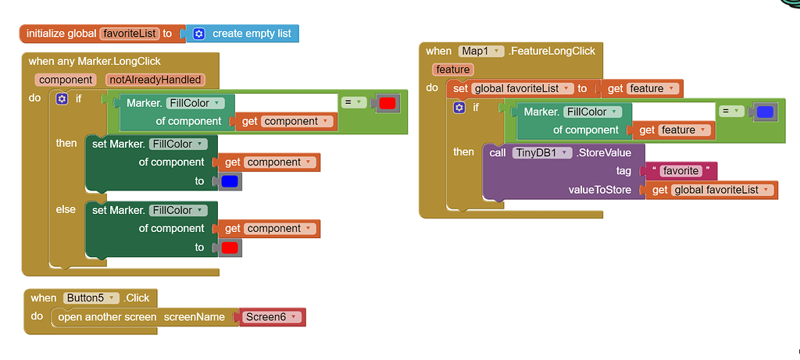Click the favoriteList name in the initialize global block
point(129,34)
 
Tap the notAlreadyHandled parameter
point(155,79)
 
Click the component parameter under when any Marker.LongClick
point(66,79)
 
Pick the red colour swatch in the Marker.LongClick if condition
point(387,103)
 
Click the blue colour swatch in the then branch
point(230,181)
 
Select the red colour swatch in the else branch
point(230,248)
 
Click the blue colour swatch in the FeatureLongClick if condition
point(765,112)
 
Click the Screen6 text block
point(271,317)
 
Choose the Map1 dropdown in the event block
point(480,51)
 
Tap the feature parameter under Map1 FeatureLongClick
point(452,70)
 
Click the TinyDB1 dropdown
point(541,152)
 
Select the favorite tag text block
point(678,171)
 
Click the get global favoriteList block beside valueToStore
point(712,190)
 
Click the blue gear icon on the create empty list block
point(198,34)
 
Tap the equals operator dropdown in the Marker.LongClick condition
point(354,102)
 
